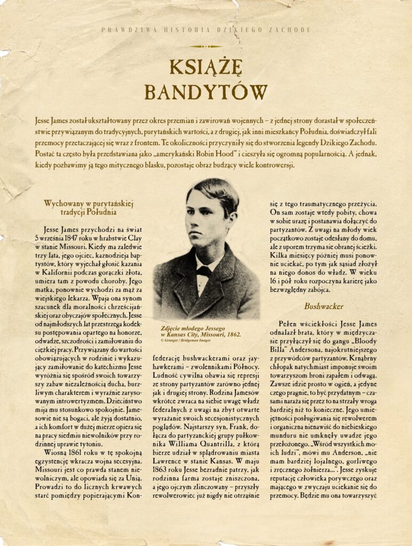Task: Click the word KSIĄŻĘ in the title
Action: click(206, 68)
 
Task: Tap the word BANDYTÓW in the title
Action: click(206, 92)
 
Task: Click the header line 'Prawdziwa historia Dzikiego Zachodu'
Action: click(205, 30)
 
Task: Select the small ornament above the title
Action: click(205, 46)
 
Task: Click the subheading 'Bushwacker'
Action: click(320, 306)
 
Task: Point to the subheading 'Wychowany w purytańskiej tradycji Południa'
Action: click(89, 207)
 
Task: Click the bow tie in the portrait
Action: click(203, 271)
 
